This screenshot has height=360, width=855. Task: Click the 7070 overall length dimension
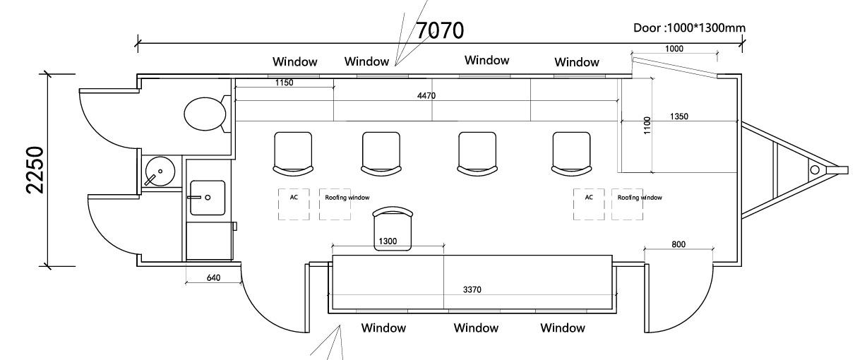pos(439,31)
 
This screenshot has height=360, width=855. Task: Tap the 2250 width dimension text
pos(35,170)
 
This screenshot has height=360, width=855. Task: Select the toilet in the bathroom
pos(205,113)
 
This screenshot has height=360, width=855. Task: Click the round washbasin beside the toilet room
pos(160,172)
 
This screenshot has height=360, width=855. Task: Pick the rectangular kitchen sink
pos(208,197)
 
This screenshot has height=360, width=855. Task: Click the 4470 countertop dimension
pos(425,95)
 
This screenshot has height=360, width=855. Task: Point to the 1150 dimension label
pos(285,83)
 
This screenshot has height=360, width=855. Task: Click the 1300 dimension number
pos(388,241)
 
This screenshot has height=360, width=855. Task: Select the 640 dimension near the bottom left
pos(214,277)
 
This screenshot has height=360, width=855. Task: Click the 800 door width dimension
pos(679,244)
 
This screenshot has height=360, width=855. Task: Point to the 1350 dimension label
pos(679,116)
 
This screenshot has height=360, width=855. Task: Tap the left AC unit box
pos(294,204)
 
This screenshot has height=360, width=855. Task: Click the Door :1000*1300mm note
pos(690,28)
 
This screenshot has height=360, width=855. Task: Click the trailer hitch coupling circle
pos(814,169)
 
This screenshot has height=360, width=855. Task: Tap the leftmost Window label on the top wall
pos(295,62)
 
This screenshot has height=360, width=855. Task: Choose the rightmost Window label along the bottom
pos(563,328)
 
